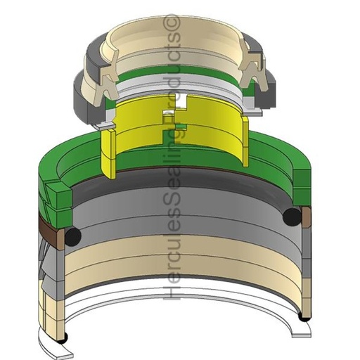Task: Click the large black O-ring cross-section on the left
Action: [73, 236]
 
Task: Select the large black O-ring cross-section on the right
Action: [292, 216]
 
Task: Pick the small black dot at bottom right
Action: [304, 317]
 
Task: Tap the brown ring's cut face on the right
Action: [307, 217]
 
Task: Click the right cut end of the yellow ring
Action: [245, 142]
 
